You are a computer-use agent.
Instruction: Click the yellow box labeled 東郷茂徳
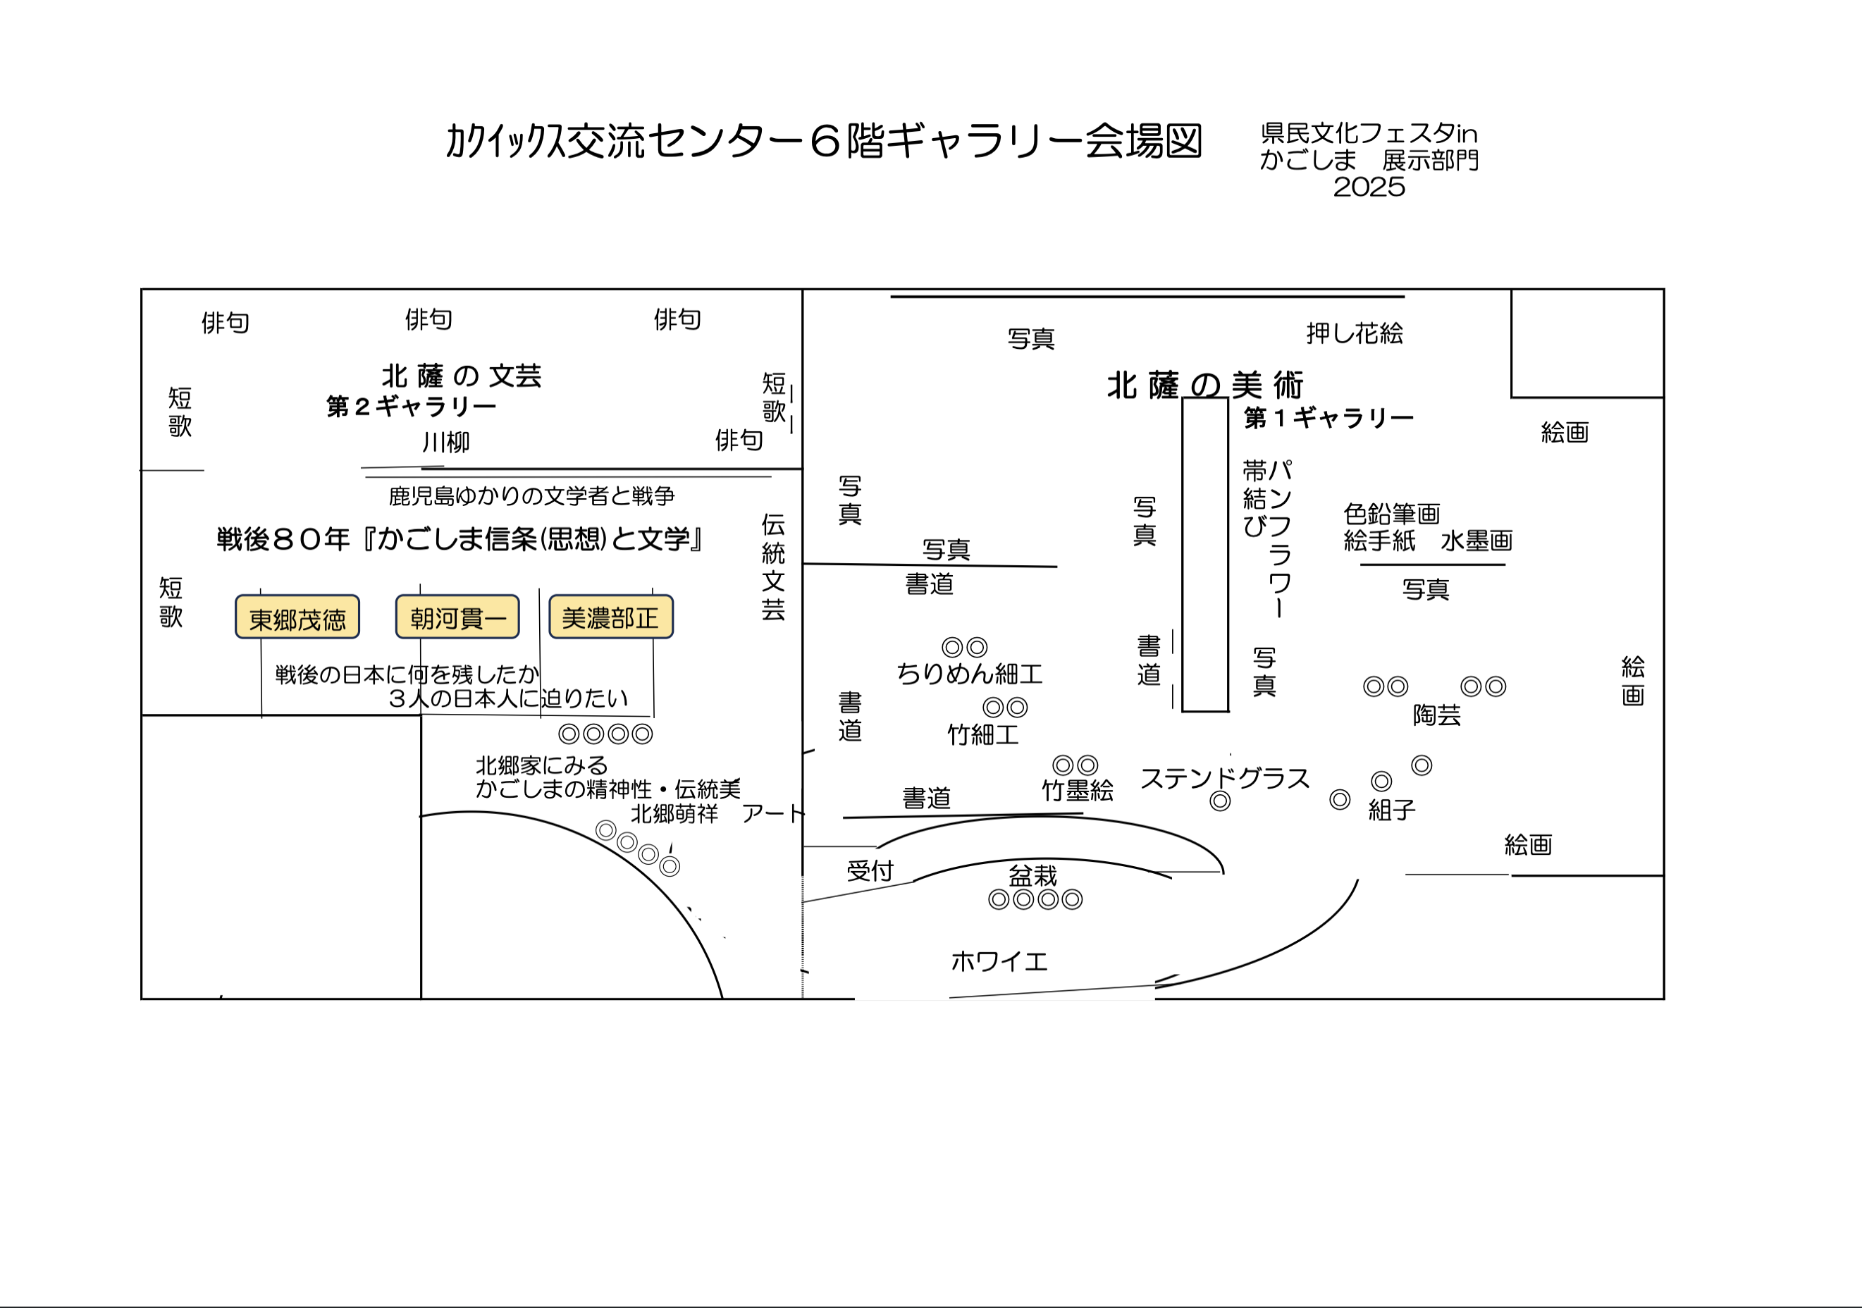tap(297, 618)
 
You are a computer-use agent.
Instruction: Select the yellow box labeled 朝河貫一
tap(457, 618)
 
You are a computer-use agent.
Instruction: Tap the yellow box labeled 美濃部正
tap(610, 618)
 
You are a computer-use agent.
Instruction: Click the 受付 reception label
tap(870, 871)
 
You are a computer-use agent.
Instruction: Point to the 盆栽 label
tap(1032, 876)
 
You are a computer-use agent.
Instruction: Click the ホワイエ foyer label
tap(999, 962)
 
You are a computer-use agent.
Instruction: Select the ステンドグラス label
tap(1225, 779)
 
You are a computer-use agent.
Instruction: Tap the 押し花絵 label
tap(1355, 333)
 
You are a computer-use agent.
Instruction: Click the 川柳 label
tap(445, 443)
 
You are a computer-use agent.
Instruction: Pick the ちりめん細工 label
tap(968, 674)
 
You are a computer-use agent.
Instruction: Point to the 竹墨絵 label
tap(1077, 791)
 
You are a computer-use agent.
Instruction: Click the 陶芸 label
tap(1436, 715)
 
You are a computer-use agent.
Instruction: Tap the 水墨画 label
tap(1476, 541)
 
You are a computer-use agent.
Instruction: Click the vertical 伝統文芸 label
tap(773, 567)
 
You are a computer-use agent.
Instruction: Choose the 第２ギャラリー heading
tap(411, 406)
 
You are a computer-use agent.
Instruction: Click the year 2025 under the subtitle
tap(1369, 187)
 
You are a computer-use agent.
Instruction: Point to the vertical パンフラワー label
tap(1279, 539)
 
